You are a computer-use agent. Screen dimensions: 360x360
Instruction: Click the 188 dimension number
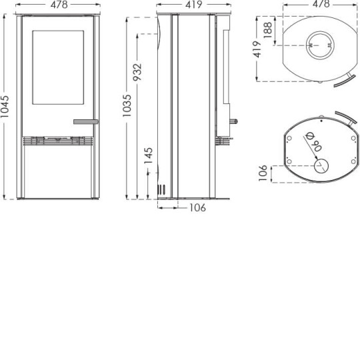click(267, 30)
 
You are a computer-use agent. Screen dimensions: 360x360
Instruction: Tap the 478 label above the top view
click(321, 4)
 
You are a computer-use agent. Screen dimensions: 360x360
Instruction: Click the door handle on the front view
click(85, 121)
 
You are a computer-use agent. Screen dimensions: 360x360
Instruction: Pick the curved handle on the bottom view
click(346, 117)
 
